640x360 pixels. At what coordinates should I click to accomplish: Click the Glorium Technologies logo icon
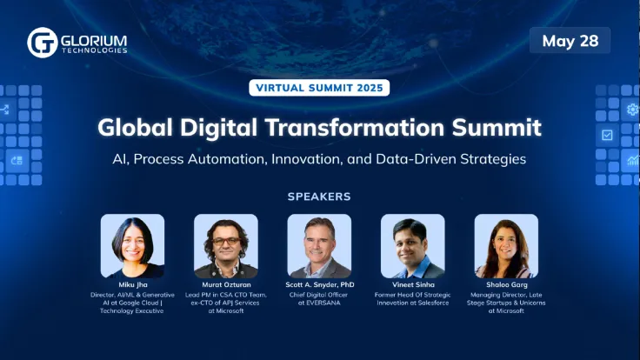(42, 43)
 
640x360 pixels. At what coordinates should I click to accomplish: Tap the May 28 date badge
(570, 41)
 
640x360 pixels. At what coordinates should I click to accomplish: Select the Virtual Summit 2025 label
(319, 88)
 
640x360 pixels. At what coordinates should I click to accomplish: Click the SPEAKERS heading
(319, 197)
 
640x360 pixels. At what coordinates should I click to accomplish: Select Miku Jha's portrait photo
(132, 246)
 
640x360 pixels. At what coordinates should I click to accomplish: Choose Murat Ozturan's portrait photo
(226, 246)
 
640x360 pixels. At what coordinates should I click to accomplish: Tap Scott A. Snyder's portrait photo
(319, 246)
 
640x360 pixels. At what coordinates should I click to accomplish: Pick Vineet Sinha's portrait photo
(413, 246)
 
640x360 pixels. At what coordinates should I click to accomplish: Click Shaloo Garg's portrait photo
(506, 246)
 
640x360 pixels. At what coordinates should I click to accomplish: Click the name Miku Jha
(132, 285)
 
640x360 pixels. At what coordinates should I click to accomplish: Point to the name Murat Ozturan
(226, 285)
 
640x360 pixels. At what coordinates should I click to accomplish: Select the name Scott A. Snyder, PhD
(319, 285)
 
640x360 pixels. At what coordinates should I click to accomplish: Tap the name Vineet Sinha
(413, 285)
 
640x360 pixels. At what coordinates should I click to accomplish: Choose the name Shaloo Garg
(506, 285)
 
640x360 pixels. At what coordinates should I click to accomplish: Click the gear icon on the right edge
(632, 110)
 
